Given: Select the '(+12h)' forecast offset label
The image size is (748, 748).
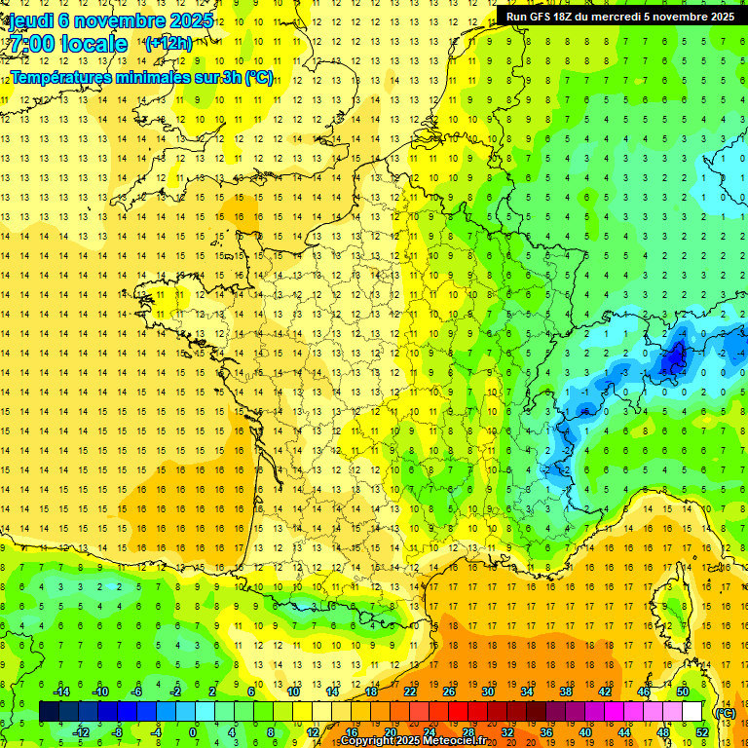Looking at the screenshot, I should [x=168, y=44].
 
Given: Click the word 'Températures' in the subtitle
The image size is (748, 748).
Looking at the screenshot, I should [x=59, y=78].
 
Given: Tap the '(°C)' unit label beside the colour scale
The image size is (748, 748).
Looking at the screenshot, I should [x=724, y=713].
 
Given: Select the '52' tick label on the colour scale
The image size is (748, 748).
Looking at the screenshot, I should [x=702, y=732].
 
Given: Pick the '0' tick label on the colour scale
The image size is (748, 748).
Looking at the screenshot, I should [x=192, y=732].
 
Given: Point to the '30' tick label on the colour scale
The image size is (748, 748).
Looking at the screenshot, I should [x=488, y=692].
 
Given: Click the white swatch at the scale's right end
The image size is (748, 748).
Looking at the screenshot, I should [x=692, y=712].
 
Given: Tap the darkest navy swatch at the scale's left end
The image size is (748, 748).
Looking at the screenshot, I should [x=50, y=712].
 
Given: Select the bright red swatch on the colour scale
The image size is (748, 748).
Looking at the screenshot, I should [x=458, y=712].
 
